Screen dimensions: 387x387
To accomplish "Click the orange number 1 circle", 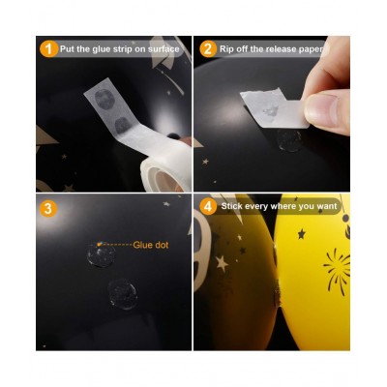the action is click(x=48, y=49).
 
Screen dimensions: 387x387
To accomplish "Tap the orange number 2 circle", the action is click(x=208, y=49).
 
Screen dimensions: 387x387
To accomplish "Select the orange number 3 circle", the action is click(x=48, y=208).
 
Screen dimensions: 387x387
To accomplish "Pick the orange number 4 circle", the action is click(x=208, y=207).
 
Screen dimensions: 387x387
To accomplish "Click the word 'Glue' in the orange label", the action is click(x=143, y=245).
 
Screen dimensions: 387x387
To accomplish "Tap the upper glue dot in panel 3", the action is click(x=101, y=255).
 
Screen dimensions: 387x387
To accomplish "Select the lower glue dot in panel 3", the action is click(x=123, y=294).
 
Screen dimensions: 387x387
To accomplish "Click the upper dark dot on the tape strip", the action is click(x=104, y=99).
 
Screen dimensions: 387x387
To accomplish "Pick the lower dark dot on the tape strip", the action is click(x=122, y=126).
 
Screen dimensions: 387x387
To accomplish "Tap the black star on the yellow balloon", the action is click(x=302, y=234).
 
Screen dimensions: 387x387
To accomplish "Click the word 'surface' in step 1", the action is click(x=164, y=49).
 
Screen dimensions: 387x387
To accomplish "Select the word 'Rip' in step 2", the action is click(x=226, y=49).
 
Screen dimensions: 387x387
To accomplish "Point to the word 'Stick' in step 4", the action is click(x=232, y=206).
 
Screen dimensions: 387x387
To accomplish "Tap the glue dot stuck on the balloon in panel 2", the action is click(x=289, y=141).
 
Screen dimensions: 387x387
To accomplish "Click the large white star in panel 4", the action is click(x=222, y=263).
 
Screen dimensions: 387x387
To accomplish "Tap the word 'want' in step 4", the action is click(x=327, y=207).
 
